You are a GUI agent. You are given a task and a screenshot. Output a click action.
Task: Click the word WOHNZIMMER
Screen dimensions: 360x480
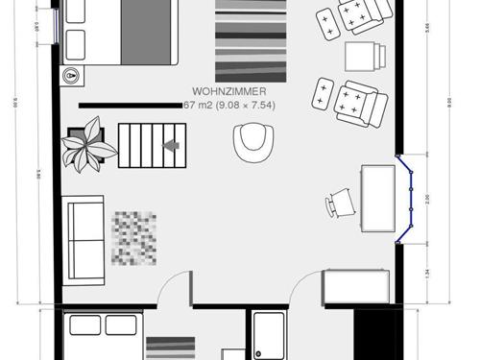pyautogui.click(x=228, y=92)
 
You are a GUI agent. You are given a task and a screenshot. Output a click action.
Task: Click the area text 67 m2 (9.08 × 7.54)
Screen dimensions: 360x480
pyautogui.click(x=228, y=105)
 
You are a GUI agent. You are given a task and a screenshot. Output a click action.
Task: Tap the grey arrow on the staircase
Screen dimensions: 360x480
pyautogui.click(x=172, y=145)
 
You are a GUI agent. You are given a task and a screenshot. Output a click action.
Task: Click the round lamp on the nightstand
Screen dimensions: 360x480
pyautogui.click(x=71, y=74)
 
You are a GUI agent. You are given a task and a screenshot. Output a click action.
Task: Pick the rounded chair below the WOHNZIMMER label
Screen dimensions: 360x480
pyautogui.click(x=252, y=143)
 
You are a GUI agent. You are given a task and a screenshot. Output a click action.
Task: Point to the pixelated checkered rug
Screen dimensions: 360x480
pyautogui.click(x=133, y=237)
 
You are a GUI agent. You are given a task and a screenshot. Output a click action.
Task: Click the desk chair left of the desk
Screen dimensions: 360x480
pyautogui.click(x=340, y=202)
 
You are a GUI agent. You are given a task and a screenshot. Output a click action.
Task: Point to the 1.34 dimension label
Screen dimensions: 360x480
pyautogui.click(x=429, y=272)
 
